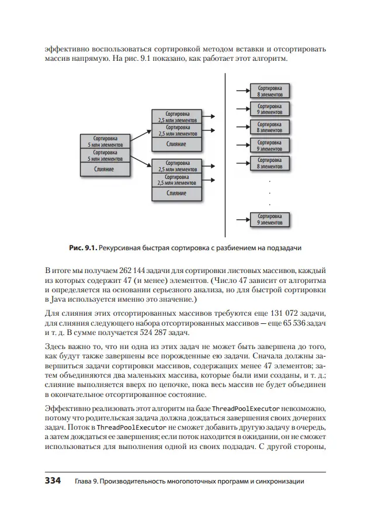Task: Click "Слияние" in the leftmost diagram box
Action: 104,170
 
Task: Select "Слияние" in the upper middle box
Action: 176,144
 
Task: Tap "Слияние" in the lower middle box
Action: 176,194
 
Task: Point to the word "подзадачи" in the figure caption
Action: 283,248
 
